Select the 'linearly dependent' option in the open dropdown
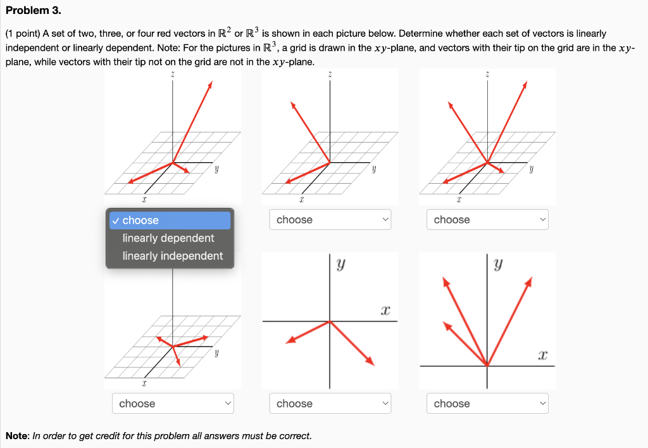coord(168,238)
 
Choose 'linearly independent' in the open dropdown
coord(172,256)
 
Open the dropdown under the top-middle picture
coord(330,220)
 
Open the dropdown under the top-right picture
coord(487,220)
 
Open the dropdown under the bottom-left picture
coord(173,404)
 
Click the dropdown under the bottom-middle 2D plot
coord(330,404)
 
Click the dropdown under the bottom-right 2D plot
coord(487,404)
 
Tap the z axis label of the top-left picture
coord(173,75)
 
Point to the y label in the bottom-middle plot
coord(340,266)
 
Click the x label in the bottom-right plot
coord(542,355)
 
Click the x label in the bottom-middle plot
coord(384,311)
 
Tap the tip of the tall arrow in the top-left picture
coord(210,84)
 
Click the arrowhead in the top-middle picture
coord(293,105)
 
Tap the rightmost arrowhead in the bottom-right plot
coord(530,280)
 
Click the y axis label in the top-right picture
coord(532,170)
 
